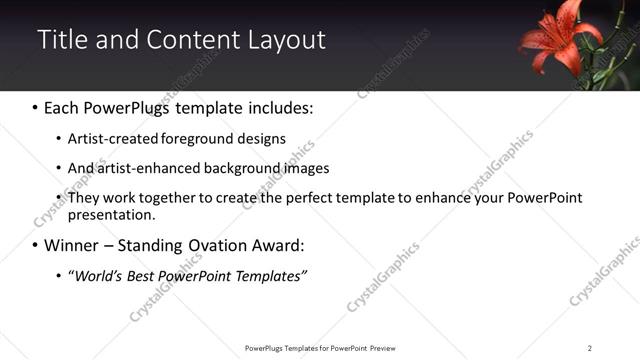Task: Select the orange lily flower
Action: point(557,39)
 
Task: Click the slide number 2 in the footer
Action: point(589,348)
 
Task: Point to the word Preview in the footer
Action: point(389,348)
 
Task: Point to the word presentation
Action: point(110,215)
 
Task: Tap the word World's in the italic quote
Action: point(97,276)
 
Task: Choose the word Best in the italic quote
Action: point(145,276)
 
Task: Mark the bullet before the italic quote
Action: point(58,276)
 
